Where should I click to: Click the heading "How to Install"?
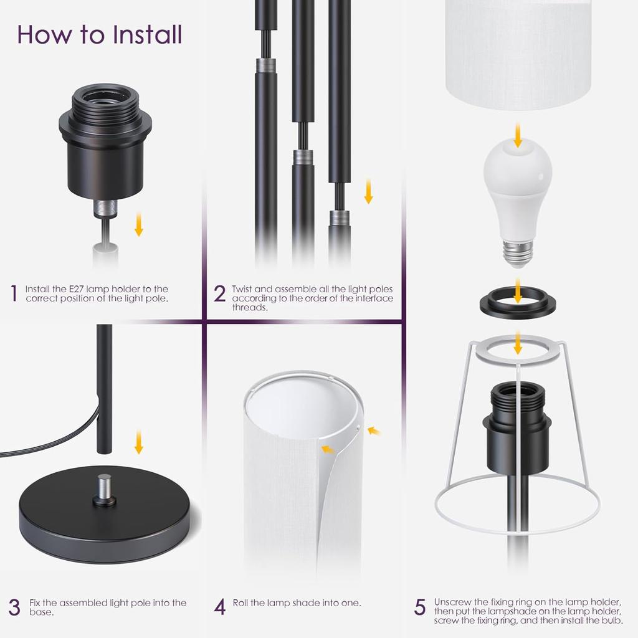[x=100, y=35]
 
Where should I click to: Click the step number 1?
[x=14, y=293]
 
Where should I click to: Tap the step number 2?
[x=219, y=293]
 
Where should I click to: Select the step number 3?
[x=14, y=607]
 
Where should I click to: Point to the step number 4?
[x=219, y=607]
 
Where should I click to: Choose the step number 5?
[x=421, y=607]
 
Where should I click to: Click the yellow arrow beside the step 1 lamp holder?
[x=138, y=225]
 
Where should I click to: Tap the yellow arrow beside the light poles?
[x=368, y=191]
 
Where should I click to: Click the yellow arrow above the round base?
[x=138, y=443]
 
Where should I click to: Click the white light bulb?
[x=518, y=187]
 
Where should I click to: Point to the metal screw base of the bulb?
[x=518, y=252]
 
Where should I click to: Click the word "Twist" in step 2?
[x=244, y=289]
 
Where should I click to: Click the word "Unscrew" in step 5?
[x=454, y=602]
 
